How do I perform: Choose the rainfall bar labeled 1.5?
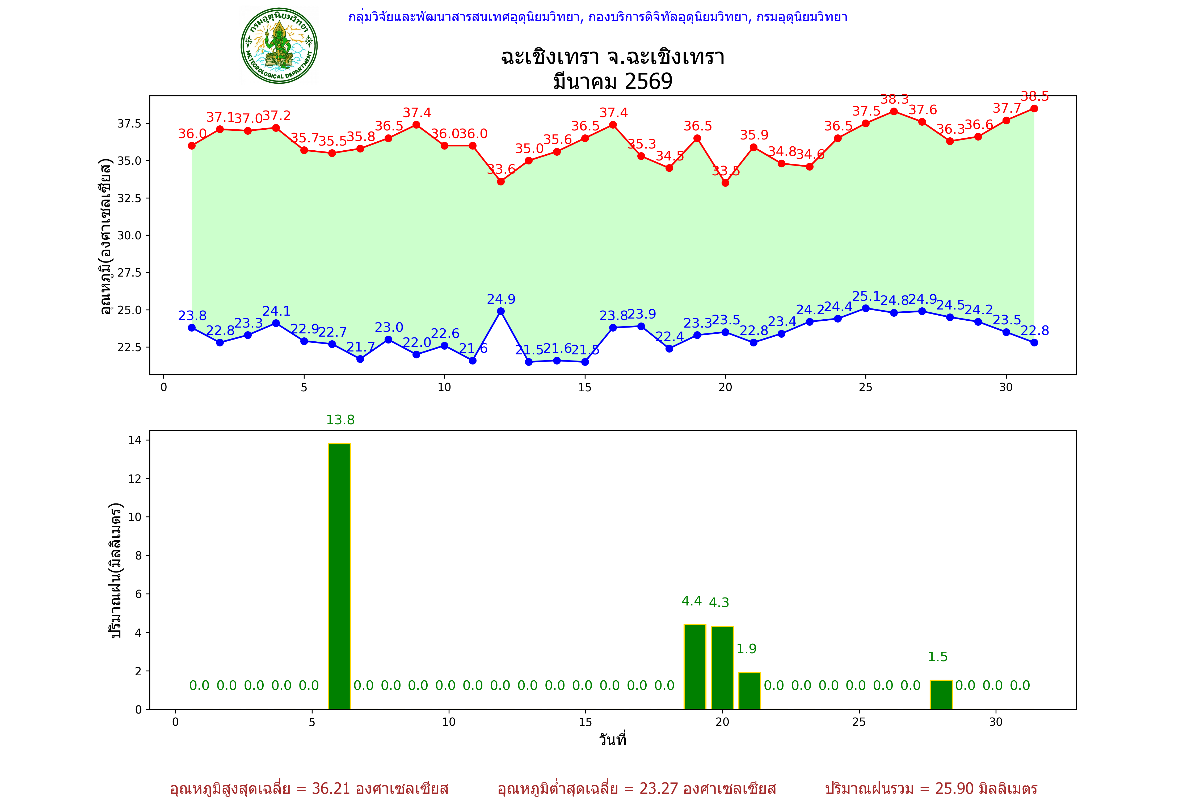point(941,694)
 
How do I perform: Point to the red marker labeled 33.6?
point(501,181)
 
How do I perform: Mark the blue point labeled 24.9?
point(501,311)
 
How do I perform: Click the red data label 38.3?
point(894,99)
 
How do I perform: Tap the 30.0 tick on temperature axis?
point(130,235)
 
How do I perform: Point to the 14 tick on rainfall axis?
point(135,440)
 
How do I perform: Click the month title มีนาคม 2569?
point(612,81)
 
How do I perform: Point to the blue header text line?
point(597,17)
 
